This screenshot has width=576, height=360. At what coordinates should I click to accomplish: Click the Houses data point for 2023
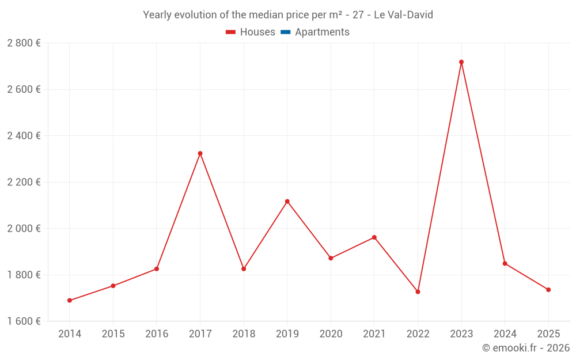461,62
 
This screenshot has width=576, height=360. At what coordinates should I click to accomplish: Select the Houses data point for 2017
200,154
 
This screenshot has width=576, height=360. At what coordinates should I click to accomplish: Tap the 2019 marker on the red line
287,202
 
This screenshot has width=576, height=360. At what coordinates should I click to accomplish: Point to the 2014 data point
70,301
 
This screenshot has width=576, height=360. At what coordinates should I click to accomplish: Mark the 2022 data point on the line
418,292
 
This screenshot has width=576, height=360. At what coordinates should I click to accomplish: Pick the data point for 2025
548,290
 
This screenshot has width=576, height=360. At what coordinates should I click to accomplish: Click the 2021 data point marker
374,237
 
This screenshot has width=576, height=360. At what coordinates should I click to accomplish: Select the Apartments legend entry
322,32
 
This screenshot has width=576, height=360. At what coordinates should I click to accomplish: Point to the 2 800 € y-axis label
24,43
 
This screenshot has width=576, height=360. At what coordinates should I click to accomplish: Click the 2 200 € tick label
24,182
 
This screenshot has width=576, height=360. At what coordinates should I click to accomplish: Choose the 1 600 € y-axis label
24,321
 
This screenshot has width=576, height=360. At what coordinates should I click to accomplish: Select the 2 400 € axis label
24,136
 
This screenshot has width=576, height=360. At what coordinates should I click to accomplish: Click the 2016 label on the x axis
157,334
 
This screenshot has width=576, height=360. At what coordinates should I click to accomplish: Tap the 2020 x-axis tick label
331,334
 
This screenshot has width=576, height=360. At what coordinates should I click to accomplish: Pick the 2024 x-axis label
505,334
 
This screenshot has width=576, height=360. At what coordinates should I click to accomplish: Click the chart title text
288,15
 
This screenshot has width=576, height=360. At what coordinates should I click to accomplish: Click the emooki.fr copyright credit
526,348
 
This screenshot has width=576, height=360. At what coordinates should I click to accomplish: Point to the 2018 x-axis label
244,334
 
